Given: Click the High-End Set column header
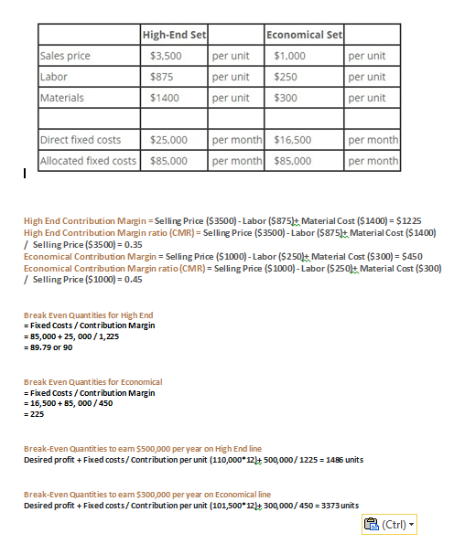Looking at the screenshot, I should click(174, 35).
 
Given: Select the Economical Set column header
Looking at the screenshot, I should click(303, 35).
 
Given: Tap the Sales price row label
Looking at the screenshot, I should click(65, 56).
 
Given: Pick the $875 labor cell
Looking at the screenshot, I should click(162, 77).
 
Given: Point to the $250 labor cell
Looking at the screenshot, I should click(286, 77).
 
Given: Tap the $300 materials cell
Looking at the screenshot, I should click(286, 98).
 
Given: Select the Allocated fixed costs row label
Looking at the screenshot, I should click(88, 161).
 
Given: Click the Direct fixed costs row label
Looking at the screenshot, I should click(81, 140).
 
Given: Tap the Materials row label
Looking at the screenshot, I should click(62, 98).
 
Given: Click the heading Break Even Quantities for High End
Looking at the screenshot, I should click(88, 315).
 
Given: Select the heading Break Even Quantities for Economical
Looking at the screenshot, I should click(92, 381).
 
